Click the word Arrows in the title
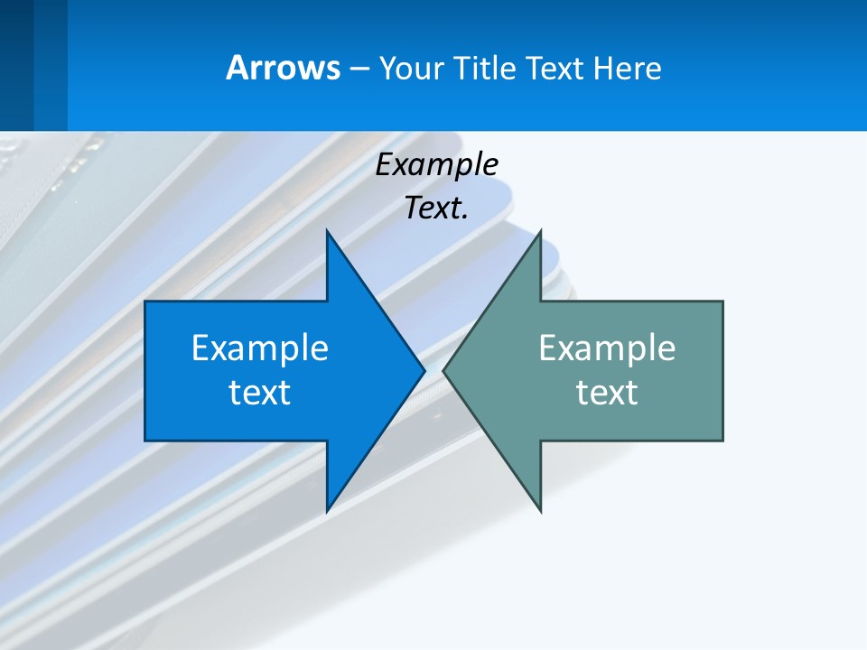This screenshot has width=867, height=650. point(282,68)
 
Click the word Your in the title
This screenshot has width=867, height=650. point(411,68)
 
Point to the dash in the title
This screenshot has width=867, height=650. point(359,69)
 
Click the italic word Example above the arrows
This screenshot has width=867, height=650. point(436,164)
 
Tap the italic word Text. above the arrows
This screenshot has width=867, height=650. point(436,209)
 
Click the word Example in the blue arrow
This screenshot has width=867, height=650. point(260,348)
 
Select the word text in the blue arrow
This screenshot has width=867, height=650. point(260,393)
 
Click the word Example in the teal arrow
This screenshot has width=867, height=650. point(607,348)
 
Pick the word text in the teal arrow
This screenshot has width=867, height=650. point(607,393)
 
